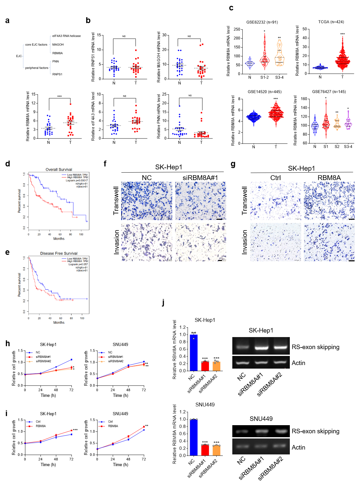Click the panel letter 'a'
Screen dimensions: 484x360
[x=7, y=21]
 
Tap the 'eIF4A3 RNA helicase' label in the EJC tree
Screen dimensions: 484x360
[x=66, y=36]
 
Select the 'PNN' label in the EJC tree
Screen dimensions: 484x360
[x=56, y=61]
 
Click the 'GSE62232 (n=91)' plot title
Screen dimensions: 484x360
[x=262, y=22]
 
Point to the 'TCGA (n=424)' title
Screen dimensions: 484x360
[x=331, y=22]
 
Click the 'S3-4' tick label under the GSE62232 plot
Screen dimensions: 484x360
[x=279, y=77]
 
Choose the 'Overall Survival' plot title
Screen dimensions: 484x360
[x=59, y=170]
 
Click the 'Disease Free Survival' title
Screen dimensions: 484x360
[x=59, y=254]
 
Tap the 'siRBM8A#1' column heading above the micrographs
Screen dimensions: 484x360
[x=200, y=178]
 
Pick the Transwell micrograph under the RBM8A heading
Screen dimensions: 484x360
[x=329, y=201]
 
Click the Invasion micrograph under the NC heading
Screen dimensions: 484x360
[x=147, y=242]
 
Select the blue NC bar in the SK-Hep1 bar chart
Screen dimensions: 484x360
[x=194, y=352]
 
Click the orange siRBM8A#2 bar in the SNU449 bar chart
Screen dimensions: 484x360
[x=216, y=450]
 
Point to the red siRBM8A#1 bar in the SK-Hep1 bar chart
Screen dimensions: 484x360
[x=205, y=366]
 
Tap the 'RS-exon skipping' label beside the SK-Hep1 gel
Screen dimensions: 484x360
[x=315, y=347]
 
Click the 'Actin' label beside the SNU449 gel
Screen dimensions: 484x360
[x=298, y=448]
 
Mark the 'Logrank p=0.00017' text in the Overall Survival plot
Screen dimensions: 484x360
[x=77, y=180]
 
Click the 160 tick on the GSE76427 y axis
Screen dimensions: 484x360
[x=304, y=99]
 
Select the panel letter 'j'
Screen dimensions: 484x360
[x=163, y=303]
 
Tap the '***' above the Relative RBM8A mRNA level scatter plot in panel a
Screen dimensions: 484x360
[x=59, y=97]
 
